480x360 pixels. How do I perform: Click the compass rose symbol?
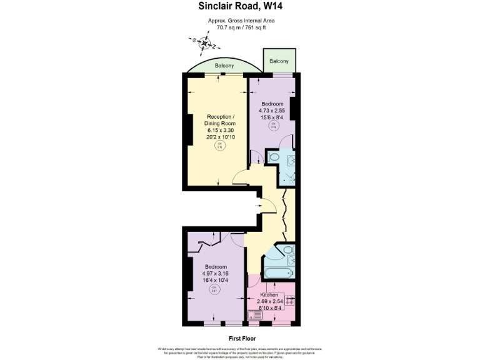point(204,44)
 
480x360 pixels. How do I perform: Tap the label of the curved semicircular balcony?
point(224,66)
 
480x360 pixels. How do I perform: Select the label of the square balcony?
point(279,61)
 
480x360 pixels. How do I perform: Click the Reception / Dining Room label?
point(221,121)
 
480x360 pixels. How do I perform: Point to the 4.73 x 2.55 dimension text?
point(272,111)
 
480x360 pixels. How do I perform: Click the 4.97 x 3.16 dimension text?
point(215,273)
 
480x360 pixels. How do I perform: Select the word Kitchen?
point(269,294)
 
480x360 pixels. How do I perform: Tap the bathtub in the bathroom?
point(277,272)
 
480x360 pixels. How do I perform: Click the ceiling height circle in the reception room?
point(219,146)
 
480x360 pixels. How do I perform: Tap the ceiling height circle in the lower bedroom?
point(214,289)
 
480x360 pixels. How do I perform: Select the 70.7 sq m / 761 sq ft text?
point(241,27)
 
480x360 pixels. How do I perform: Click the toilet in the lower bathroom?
point(286,251)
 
